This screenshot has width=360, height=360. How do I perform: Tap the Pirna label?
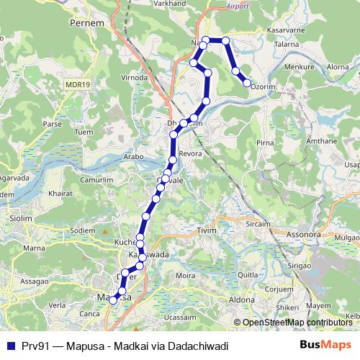pyautogui.click(x=265, y=143)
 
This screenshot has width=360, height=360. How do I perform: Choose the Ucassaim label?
pyautogui.click(x=180, y=317)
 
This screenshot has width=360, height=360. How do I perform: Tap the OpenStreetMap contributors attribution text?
pyautogui.click(x=296, y=323)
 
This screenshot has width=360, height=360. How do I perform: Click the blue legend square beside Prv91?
pyautogui.click(x=9, y=346)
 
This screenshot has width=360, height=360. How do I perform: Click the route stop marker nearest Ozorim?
pyautogui.click(x=247, y=84)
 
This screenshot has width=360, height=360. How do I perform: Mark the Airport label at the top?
pyautogui.click(x=236, y=6)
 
